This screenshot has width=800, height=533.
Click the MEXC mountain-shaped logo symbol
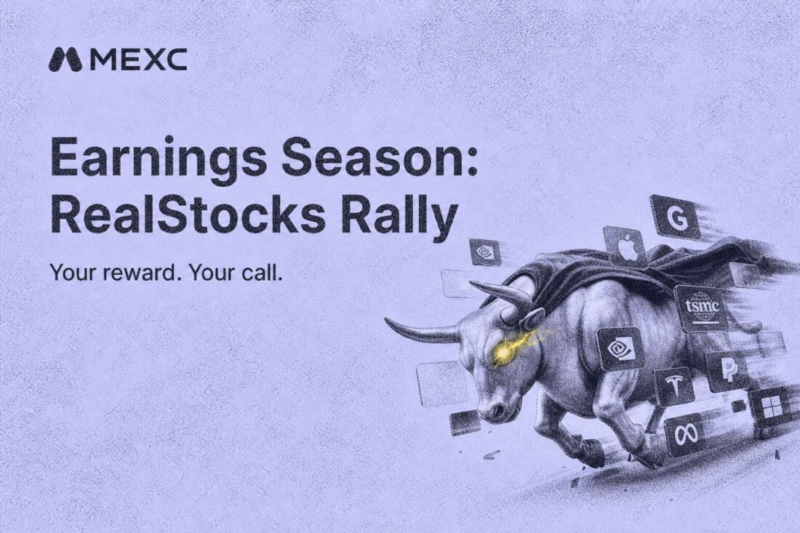[x=65, y=60]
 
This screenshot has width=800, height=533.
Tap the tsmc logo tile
[x=702, y=308]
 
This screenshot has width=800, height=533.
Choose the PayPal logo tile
[x=727, y=372]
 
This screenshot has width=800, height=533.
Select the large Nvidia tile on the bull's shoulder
[x=620, y=348]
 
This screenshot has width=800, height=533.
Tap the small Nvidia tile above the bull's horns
[x=484, y=252]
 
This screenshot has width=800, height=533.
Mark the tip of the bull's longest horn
[x=385, y=320]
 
